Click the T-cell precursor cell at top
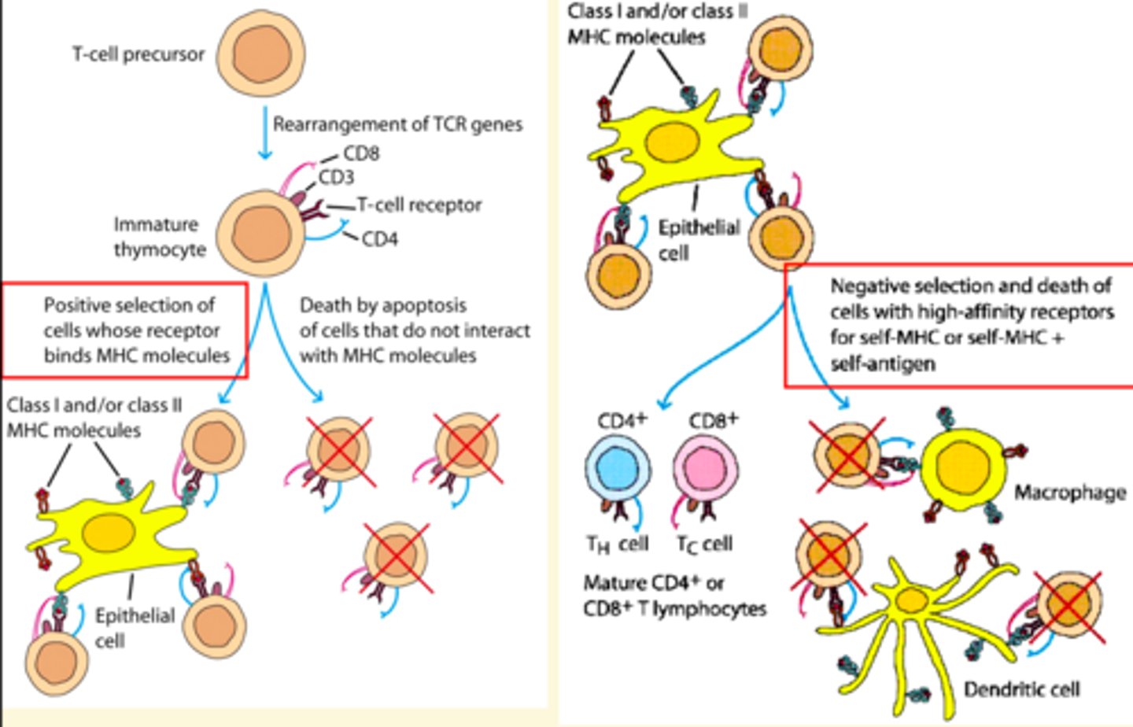click(260, 55)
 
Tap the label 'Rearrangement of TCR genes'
click(397, 124)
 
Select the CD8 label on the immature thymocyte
click(361, 153)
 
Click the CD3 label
click(336, 178)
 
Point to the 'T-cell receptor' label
click(419, 205)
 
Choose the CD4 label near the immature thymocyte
click(379, 238)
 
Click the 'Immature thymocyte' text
click(160, 237)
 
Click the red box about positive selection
click(126, 330)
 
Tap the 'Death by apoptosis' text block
click(415, 330)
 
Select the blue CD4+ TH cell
click(617, 470)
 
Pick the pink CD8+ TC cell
click(705, 470)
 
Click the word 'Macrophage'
click(1069, 493)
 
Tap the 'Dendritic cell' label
click(1021, 690)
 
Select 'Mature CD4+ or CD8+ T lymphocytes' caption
click(674, 596)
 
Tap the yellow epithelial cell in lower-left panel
click(110, 535)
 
